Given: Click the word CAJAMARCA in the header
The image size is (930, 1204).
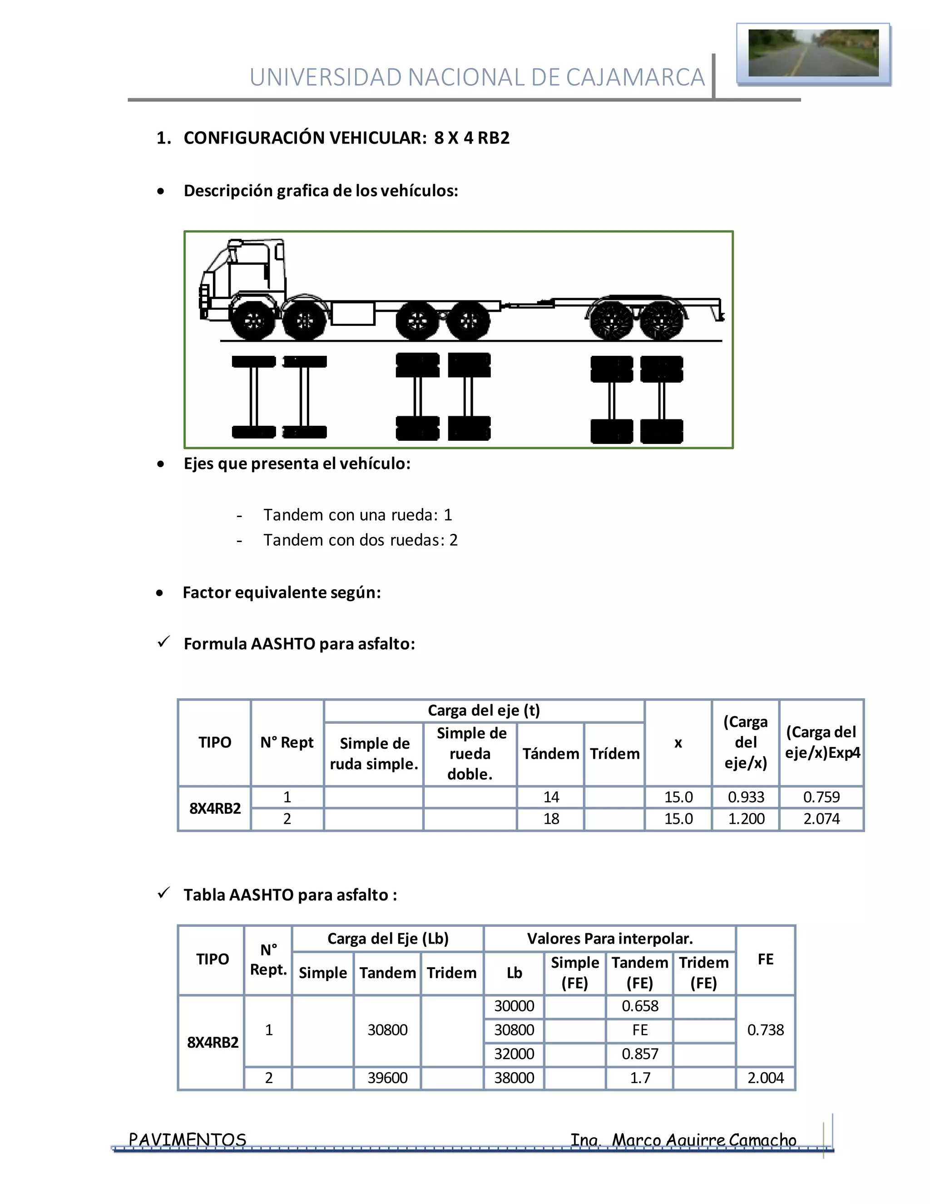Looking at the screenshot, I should tap(635, 78).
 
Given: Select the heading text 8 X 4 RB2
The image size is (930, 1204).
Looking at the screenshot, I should tap(472, 138).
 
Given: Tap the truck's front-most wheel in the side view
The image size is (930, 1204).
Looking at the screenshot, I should tap(253, 319).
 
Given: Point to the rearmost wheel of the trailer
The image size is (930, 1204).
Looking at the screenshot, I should tap(662, 320).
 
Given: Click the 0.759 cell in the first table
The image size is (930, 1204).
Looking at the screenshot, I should tap(821, 797).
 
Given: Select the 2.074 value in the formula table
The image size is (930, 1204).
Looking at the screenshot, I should tap(821, 819).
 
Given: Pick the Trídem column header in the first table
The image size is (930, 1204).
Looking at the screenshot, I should tap(614, 754).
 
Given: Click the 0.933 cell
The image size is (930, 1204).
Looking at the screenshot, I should tap(746, 797).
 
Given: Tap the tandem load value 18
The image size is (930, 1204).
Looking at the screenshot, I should tap(551, 819).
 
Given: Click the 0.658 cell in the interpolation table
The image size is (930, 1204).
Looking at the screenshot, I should tap(640, 1006).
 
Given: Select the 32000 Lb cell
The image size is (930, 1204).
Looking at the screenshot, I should tap(514, 1054).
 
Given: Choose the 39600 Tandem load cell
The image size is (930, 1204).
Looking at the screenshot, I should tap(387, 1078).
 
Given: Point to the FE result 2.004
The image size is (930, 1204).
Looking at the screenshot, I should tap(765, 1078).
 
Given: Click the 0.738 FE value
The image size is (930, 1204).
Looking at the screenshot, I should tap(765, 1030).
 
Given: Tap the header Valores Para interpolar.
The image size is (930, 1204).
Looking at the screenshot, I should tap(609, 939).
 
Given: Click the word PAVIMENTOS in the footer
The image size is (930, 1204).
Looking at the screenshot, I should tap(188, 1139).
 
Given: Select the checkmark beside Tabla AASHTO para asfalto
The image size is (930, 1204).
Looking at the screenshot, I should tap(163, 893).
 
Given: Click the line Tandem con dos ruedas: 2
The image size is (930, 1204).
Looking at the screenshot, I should tap(360, 540).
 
